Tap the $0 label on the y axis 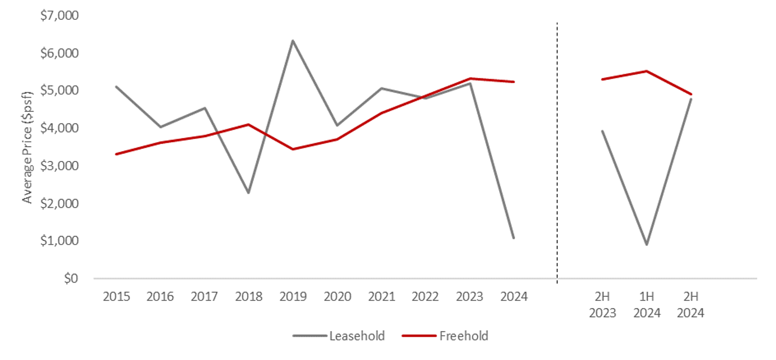point(71,278)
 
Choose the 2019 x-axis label point(292,297)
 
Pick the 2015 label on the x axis point(116,297)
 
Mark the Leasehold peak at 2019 point(292,40)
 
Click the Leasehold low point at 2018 point(249,193)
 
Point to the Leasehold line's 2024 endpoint point(513,238)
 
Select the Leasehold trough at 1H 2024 point(646,245)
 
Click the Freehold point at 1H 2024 point(646,71)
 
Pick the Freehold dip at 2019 point(292,149)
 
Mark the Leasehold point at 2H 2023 point(603,131)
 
